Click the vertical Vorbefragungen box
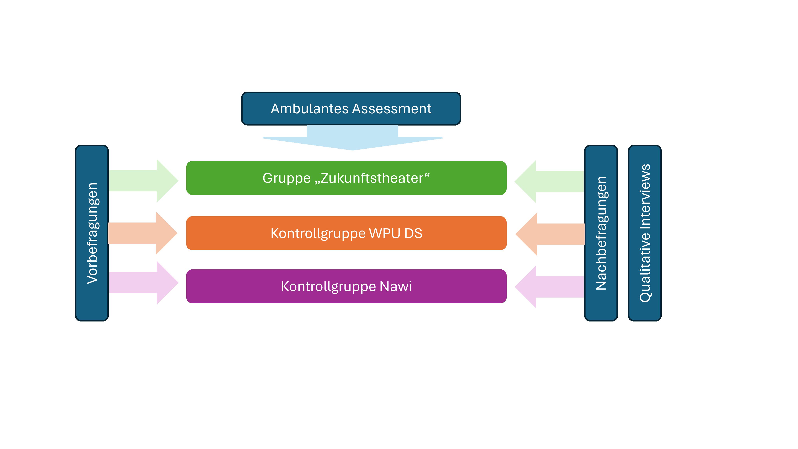(x=92, y=233)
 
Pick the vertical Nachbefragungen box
(x=601, y=233)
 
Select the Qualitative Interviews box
(x=645, y=233)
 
